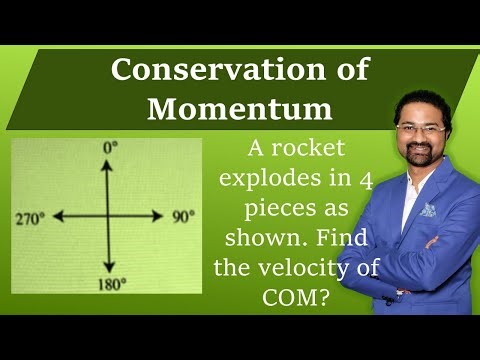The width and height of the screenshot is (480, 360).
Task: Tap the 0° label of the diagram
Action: [x=110, y=147]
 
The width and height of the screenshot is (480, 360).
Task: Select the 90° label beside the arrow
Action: [x=181, y=215]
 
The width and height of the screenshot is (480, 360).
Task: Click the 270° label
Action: [x=30, y=215]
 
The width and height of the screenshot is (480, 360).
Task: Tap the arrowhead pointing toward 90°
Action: [x=160, y=215]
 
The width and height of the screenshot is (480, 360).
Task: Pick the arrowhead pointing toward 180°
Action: [x=107, y=270]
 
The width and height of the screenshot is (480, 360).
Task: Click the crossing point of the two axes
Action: [x=107, y=215]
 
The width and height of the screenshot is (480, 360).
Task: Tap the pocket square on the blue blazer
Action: [x=428, y=210]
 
